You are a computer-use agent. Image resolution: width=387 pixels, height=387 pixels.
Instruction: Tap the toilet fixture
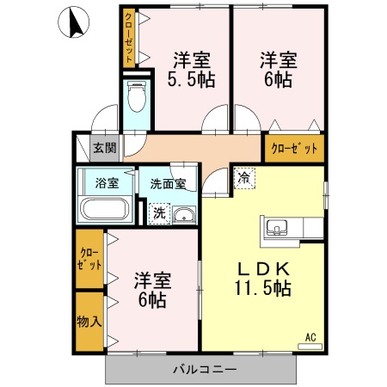tap(137, 96)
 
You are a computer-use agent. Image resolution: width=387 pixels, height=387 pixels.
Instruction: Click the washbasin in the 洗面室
tap(184, 215)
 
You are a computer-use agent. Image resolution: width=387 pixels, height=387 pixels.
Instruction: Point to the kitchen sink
tap(277, 228)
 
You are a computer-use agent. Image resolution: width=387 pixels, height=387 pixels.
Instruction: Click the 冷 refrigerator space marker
tap(244, 178)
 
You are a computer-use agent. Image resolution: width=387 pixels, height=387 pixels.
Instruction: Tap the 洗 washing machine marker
tap(159, 213)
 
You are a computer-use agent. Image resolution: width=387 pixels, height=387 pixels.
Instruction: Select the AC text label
tap(310, 337)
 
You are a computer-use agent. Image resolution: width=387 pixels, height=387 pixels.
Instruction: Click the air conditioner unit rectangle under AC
tap(310, 347)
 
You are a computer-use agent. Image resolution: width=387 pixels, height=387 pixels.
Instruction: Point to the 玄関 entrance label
tap(105, 148)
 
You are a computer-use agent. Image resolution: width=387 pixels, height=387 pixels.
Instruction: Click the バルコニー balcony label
tap(205, 369)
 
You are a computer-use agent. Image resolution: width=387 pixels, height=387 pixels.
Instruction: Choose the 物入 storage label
tap(89, 322)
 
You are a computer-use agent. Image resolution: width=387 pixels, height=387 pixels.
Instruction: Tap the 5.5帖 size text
tap(191, 80)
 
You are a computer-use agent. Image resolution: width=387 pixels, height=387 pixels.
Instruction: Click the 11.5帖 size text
tap(263, 288)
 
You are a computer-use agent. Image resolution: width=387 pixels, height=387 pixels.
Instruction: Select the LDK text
tap(263, 269)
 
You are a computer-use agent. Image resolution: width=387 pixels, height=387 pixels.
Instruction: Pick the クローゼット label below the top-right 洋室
tap(294, 149)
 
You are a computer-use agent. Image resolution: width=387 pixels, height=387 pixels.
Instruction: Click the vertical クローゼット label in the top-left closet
tap(129, 37)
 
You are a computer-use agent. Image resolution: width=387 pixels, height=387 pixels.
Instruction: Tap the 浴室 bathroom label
tap(107, 183)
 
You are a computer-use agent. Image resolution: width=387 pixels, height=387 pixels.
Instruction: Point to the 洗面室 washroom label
tap(169, 184)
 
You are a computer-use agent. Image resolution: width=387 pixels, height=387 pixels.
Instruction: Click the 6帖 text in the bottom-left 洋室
tap(152, 300)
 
